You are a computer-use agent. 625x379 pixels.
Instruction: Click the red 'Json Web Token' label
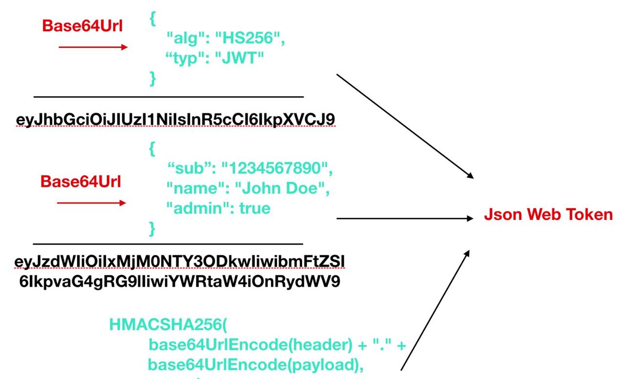(x=548, y=214)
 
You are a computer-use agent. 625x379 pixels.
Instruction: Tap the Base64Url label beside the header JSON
(x=82, y=26)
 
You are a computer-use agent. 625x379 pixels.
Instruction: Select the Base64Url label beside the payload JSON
(x=81, y=181)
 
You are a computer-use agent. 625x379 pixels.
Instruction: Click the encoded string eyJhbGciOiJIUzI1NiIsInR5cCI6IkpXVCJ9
(x=176, y=120)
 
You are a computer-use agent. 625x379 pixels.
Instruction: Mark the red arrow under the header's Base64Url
(x=93, y=47)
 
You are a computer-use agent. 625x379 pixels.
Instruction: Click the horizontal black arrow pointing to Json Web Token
(x=405, y=219)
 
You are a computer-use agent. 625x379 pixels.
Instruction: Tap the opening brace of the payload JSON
(x=152, y=149)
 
